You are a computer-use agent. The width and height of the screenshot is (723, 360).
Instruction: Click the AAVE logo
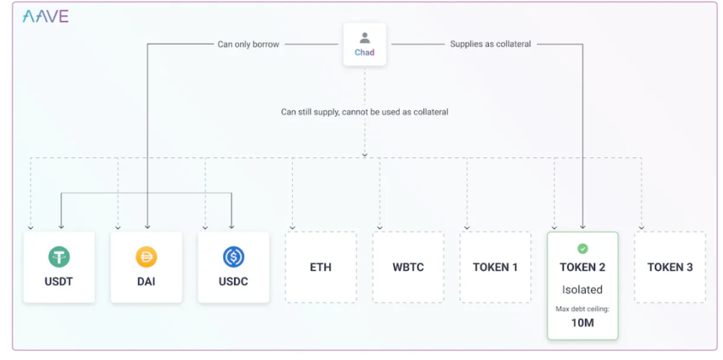[x=46, y=17]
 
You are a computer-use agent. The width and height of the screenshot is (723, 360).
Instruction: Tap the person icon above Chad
[x=365, y=38]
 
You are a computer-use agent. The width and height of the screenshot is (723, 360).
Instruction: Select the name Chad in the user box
[x=365, y=53]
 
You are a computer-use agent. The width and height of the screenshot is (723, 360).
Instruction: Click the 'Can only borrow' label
[x=249, y=44]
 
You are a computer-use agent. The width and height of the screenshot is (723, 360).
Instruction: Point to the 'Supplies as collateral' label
[x=490, y=44]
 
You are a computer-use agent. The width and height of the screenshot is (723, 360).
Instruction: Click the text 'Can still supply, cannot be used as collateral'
[x=365, y=112]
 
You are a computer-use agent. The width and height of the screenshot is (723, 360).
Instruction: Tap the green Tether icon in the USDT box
[x=59, y=257]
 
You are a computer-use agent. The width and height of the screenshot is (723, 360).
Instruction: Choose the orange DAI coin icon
[x=146, y=257]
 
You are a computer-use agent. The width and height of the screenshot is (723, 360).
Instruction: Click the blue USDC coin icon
[x=233, y=257]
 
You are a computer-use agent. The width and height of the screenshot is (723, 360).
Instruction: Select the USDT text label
[x=59, y=282]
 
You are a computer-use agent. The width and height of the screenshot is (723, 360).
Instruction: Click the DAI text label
[x=146, y=282]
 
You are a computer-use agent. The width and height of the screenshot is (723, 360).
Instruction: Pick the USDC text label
[x=233, y=282]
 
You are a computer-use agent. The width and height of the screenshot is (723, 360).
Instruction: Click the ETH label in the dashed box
[x=321, y=267]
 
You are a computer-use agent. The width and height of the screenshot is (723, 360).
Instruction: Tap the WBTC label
[x=408, y=267]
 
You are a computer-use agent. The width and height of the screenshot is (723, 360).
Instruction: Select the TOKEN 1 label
[x=496, y=267]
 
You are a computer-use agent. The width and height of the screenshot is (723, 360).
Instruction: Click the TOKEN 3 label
[x=670, y=267]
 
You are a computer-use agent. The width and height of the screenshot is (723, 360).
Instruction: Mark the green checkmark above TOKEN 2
[x=583, y=249]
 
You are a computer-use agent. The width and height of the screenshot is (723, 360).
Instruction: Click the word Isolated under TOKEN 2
[x=582, y=290]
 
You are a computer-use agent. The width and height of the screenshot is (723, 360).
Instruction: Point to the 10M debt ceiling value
[x=583, y=322]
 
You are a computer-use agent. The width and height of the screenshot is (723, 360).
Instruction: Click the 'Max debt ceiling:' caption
[x=583, y=309]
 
